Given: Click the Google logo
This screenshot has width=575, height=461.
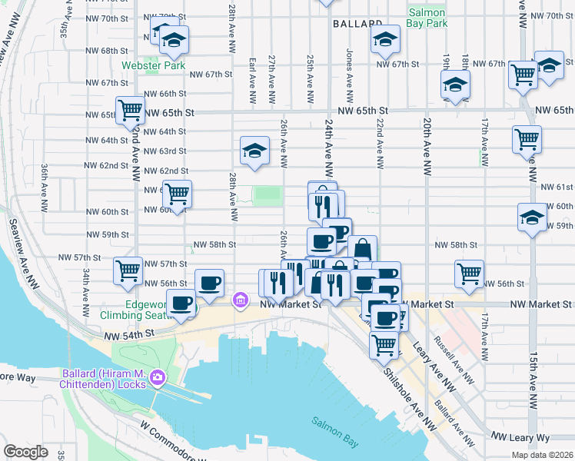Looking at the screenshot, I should pos(26,452).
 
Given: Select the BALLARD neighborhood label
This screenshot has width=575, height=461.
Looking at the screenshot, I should pos(357,25).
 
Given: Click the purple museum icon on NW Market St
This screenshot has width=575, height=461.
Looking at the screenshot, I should pos(240,299).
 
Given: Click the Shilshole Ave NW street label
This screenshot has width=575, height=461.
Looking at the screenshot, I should pos(404,398).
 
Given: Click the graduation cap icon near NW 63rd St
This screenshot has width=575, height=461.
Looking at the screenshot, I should pos(254,151).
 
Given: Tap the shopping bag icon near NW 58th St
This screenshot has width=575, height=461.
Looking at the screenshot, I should pos(362,249).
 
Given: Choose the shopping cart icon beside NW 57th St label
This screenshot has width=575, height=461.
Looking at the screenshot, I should pos(128,270).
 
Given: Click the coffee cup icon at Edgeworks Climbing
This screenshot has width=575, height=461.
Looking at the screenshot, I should pos(181,303).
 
